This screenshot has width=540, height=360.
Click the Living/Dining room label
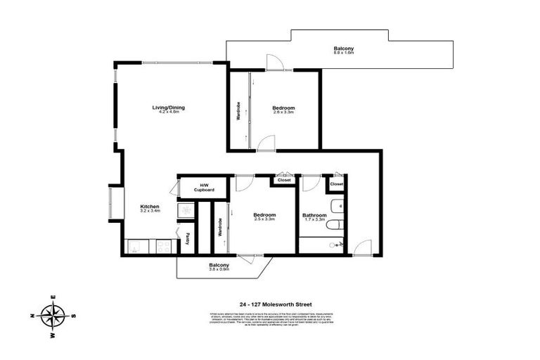[x=168, y=108]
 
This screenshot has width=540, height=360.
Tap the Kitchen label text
[x=150, y=206]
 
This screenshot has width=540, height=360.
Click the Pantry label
[x=188, y=238]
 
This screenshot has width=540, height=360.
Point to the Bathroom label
[x=314, y=215]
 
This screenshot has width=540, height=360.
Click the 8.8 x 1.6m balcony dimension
[x=343, y=53]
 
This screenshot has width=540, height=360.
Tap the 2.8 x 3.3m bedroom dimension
[x=283, y=112]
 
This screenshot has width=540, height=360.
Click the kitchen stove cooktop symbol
[x=163, y=246]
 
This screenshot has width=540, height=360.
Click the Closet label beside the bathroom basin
[x=337, y=184]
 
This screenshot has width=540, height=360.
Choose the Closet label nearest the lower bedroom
[x=284, y=180]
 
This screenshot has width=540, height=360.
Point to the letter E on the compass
[x=53, y=298]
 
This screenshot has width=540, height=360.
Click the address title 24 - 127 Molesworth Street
[x=270, y=304]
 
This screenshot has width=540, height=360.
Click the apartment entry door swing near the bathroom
[x=362, y=247]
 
